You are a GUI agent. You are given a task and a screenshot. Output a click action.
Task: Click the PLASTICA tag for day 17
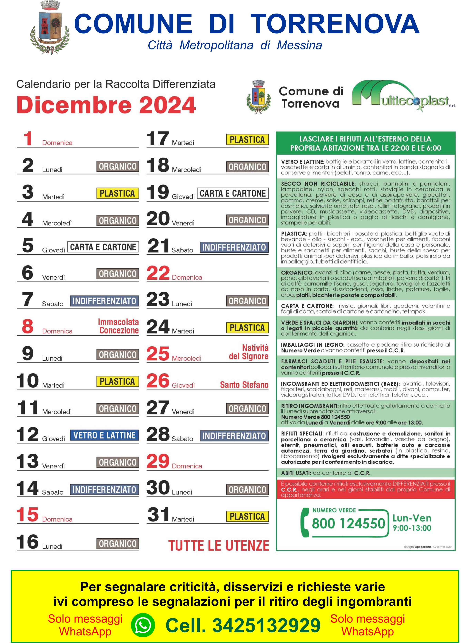click(x=247, y=140)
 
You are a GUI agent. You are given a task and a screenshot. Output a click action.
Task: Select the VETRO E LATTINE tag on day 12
click(x=104, y=435)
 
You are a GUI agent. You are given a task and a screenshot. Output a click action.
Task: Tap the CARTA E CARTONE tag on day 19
click(x=232, y=193)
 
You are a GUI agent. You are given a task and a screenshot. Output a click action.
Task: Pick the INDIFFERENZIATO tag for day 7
click(x=104, y=301)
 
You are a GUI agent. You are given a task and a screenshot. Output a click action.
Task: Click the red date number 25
click(x=158, y=354)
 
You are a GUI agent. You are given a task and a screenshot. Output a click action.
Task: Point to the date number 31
click(x=158, y=515)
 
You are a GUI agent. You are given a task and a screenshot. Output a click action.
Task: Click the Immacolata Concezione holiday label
click(x=119, y=326)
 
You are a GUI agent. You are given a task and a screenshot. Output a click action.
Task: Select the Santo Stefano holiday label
click(x=244, y=385)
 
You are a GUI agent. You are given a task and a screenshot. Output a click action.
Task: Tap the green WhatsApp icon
click(x=143, y=625)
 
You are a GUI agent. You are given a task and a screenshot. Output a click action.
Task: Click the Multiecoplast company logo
click(x=403, y=96)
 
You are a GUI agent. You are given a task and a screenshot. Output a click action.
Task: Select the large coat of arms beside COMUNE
click(x=50, y=27)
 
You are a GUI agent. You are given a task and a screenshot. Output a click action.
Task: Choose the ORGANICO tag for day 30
click(x=247, y=489)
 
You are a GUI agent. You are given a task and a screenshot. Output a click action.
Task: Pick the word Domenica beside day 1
click(x=57, y=143)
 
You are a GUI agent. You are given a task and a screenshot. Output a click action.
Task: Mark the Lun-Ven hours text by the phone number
click(x=412, y=523)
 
